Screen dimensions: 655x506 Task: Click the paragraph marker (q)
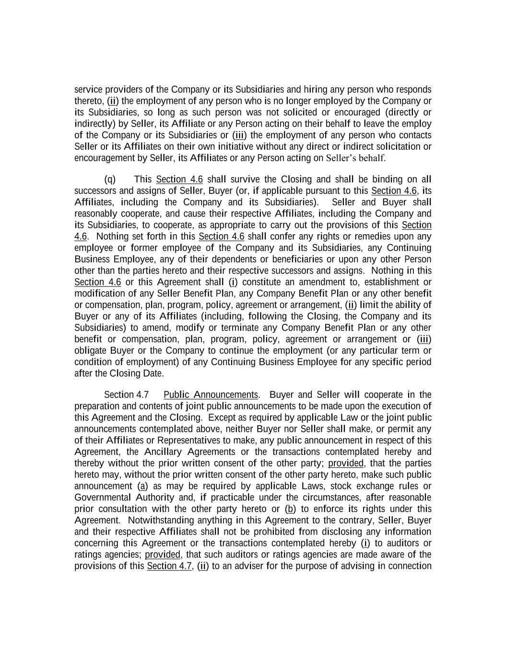pos(110,179)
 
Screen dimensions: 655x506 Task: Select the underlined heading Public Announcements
pos(211,395)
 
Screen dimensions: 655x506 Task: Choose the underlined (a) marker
pos(142,486)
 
